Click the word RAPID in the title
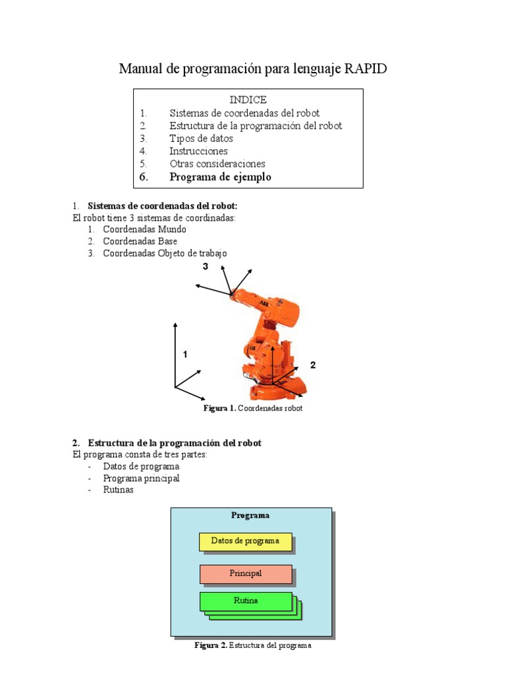(366, 69)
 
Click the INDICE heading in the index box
(248, 100)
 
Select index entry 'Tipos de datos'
(201, 138)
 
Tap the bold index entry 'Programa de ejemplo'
(220, 177)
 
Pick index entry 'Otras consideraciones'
(217, 163)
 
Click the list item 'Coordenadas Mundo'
(144, 229)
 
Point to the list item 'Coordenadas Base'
(140, 241)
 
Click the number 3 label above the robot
(206, 267)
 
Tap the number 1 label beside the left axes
(185, 354)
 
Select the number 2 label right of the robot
(313, 365)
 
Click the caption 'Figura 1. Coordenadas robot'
(252, 409)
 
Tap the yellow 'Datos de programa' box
(245, 541)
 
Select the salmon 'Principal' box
(245, 573)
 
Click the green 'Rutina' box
(245, 601)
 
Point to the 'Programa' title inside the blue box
(250, 515)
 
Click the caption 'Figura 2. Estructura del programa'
(252, 645)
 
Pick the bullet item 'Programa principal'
(141, 478)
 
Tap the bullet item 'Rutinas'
(119, 490)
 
